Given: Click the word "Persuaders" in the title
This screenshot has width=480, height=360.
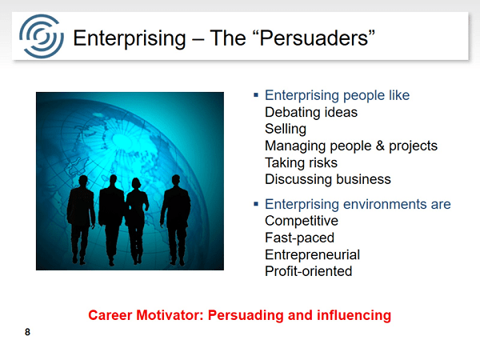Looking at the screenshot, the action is pyautogui.click(x=314, y=38).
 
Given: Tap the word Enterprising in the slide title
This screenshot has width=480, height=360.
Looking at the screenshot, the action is pyautogui.click(x=129, y=39).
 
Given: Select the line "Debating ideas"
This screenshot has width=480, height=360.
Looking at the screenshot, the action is pyautogui.click(x=311, y=112).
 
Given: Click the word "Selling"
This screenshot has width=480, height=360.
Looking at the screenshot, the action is pyautogui.click(x=286, y=129).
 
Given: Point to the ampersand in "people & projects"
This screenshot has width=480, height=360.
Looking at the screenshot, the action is pyautogui.click(x=380, y=146).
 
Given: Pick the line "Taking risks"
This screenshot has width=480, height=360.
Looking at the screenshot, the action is pyautogui.click(x=301, y=162).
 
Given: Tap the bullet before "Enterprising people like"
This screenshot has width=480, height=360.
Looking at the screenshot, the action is pyautogui.click(x=256, y=95).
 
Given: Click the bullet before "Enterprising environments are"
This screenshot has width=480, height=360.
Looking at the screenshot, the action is pyautogui.click(x=256, y=204).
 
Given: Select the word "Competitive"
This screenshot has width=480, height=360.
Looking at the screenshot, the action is pyautogui.click(x=302, y=221).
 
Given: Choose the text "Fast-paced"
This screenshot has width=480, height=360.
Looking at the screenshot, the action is pyautogui.click(x=299, y=238).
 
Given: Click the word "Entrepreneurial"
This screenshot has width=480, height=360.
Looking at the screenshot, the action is pyautogui.click(x=312, y=254).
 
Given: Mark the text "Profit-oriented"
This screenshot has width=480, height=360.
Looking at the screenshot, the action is pyautogui.click(x=308, y=271).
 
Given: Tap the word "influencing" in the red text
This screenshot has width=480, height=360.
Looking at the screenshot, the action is pyautogui.click(x=354, y=316).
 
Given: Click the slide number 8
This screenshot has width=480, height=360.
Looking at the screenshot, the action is pyautogui.click(x=27, y=332).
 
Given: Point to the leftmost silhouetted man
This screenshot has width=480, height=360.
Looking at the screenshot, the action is pyautogui.click(x=81, y=220).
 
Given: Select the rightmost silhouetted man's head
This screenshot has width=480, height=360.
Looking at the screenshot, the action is pyautogui.click(x=176, y=180).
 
